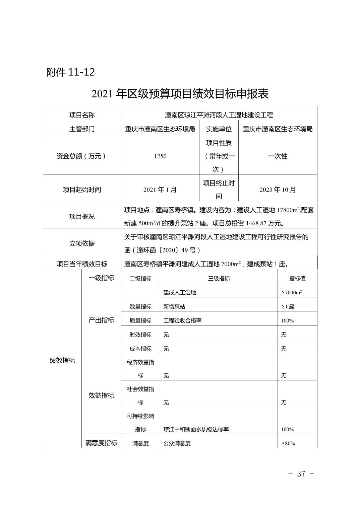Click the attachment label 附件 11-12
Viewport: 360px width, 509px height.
point(70,72)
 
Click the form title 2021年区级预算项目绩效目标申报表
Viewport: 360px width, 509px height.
point(180,94)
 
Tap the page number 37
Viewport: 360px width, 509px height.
point(301,474)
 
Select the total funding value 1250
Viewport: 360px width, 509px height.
point(160,156)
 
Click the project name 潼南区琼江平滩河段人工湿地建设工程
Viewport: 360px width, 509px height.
point(219,115)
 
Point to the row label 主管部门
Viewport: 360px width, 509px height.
point(82,129)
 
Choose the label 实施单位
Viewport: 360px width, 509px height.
point(219,129)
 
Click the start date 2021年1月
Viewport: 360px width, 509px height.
point(160,190)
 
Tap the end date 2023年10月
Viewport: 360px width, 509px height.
point(278,190)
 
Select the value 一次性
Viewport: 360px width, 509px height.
point(278,156)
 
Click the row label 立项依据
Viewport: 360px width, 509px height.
point(82,243)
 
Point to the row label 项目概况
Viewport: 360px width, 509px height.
point(82,217)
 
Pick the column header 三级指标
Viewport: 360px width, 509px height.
point(219,278)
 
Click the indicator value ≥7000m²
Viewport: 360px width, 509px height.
point(292,292)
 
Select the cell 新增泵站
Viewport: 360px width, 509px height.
point(174,306)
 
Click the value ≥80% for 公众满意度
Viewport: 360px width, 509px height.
point(288,443)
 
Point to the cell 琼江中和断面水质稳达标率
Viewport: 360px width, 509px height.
point(196,429)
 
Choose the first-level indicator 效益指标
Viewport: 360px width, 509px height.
point(101,395)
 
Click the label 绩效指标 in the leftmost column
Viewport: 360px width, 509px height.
point(62,360)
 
